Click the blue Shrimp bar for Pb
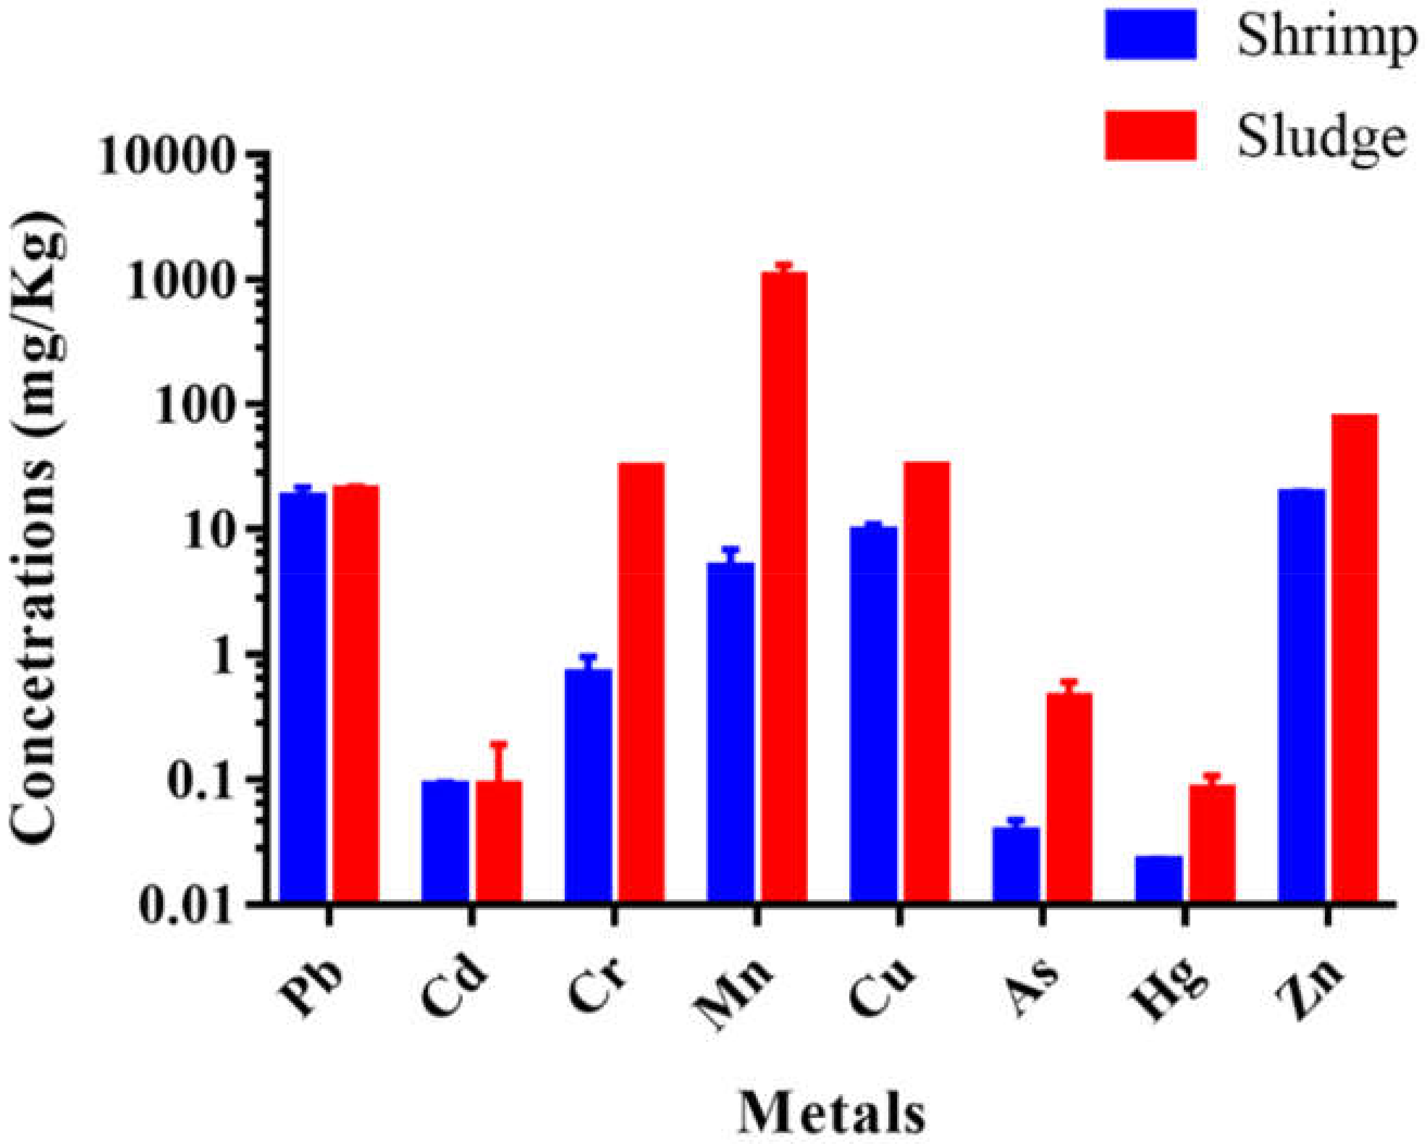(303, 695)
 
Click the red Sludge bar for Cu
(926, 682)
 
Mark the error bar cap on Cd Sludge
(498, 743)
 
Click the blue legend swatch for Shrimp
(1150, 34)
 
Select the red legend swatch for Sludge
(1150, 136)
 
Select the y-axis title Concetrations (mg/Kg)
(40, 526)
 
